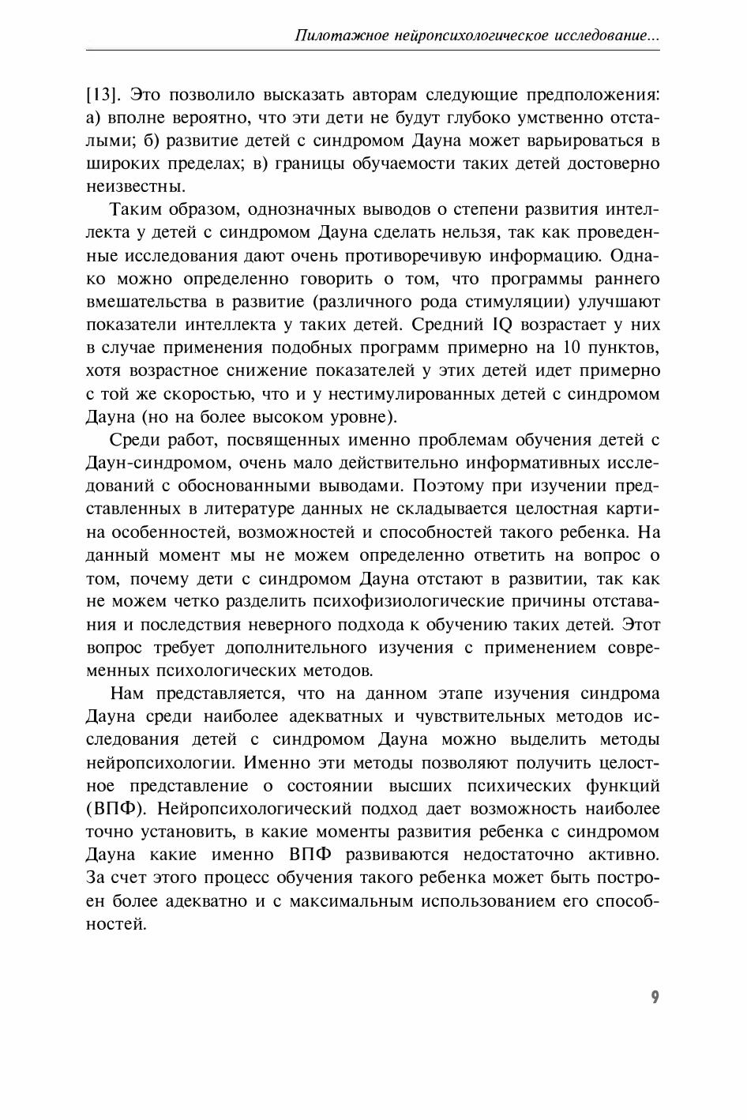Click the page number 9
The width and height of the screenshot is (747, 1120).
(655, 997)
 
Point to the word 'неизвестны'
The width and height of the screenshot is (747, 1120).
(135, 187)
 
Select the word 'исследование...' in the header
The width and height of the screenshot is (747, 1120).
(606, 36)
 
